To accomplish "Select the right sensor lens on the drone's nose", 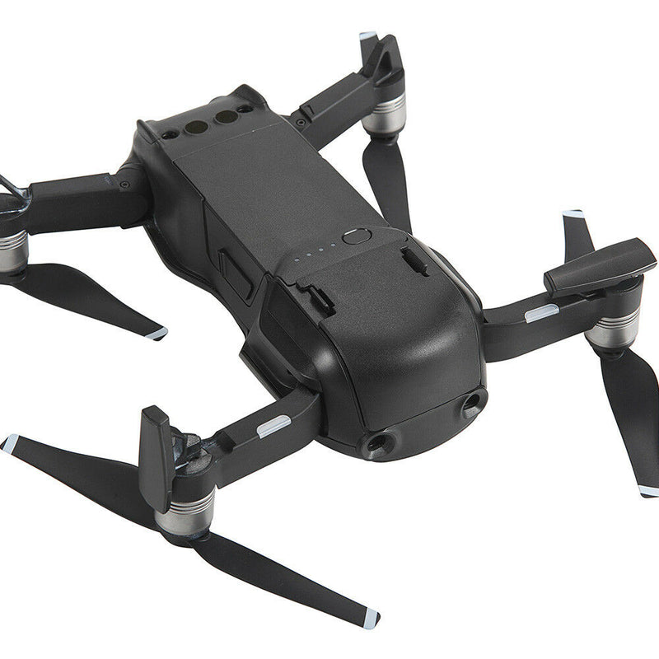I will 472,403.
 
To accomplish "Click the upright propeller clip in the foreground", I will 156,456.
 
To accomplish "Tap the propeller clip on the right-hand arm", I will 600,266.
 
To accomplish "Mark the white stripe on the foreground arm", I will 273,426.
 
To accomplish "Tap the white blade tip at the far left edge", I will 9,442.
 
